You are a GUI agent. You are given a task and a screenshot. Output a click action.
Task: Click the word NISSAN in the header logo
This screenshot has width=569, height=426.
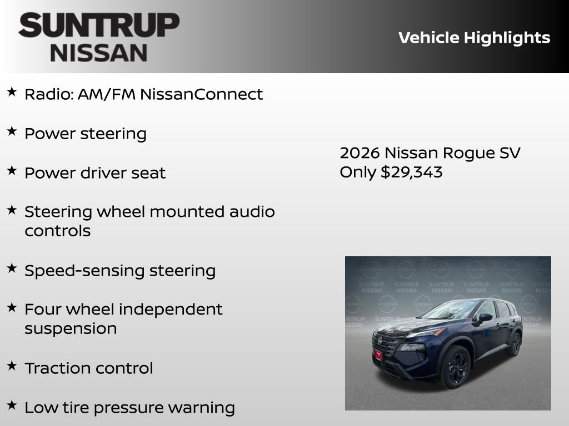[x=99, y=52]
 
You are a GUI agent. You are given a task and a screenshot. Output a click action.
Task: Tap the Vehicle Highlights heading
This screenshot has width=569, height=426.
[x=474, y=38]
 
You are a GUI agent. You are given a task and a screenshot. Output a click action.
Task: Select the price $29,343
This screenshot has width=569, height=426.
[x=411, y=172]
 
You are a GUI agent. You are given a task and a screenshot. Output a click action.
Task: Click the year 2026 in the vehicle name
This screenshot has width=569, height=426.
[x=360, y=153]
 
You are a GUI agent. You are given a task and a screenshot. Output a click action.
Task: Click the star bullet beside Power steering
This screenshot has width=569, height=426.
[x=12, y=131]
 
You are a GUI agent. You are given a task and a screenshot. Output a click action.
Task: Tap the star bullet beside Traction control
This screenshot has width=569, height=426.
[x=12, y=366]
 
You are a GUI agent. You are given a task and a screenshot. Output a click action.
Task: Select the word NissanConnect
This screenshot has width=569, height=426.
[x=201, y=94]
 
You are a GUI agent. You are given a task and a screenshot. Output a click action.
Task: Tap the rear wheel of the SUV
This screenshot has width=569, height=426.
[x=514, y=344]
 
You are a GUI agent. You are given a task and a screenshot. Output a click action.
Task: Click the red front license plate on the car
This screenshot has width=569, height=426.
[x=378, y=354]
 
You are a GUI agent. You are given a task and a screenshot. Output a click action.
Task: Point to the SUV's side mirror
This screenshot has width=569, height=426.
[x=485, y=317]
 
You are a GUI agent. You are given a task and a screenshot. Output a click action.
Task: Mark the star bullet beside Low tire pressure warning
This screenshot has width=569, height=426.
[x=12, y=405]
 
